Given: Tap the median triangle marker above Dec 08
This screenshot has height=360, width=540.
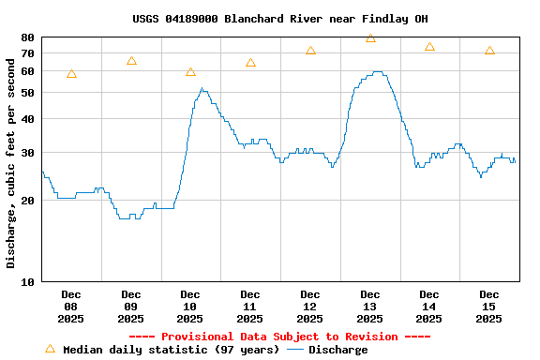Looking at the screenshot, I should (x=71, y=74).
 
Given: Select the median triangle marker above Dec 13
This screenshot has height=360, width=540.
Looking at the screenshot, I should (x=370, y=38).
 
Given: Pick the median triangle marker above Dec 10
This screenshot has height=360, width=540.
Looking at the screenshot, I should (x=190, y=72).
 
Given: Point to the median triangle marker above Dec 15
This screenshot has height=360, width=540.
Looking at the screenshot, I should (x=489, y=51).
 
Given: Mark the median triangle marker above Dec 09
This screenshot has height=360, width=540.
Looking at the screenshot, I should (x=131, y=61).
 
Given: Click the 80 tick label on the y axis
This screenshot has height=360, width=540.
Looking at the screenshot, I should (x=27, y=37).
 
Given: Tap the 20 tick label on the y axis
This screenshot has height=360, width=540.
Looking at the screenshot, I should (x=27, y=201).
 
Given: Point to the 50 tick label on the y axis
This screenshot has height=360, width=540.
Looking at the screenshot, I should (x=27, y=93).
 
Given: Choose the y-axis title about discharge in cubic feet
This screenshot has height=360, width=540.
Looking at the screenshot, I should (x=11, y=159).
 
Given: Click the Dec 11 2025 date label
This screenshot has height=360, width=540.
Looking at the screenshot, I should (x=250, y=307).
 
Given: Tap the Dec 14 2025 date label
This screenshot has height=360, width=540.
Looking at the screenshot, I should (x=429, y=307).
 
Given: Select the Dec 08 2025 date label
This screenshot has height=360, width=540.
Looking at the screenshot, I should (x=71, y=307).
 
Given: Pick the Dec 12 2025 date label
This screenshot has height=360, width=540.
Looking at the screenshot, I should (x=310, y=307).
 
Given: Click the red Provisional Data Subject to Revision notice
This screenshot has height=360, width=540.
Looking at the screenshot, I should (x=279, y=337).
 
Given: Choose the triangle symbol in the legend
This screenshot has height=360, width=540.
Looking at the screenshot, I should (x=50, y=349).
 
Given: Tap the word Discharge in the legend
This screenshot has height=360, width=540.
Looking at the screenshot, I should (x=338, y=350).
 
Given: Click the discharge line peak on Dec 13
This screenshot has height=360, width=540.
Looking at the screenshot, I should (x=377, y=71).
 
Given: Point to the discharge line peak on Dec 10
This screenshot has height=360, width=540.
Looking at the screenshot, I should (x=202, y=89).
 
